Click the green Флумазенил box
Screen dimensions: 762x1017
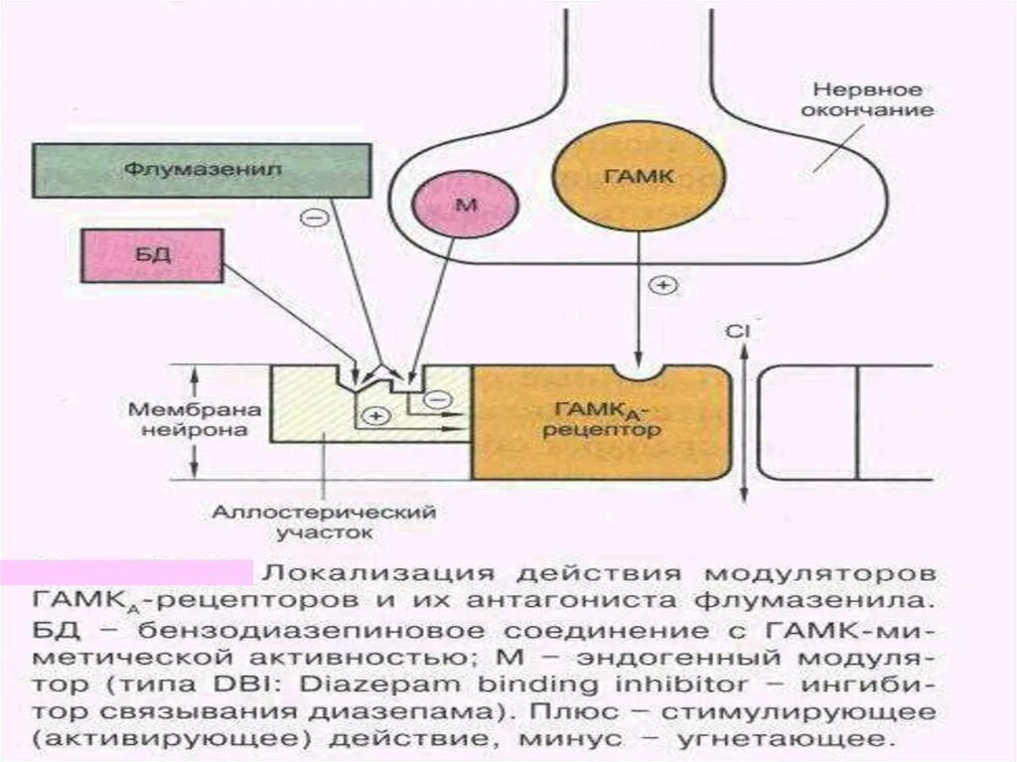(203, 170)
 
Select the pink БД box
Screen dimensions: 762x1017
(154, 254)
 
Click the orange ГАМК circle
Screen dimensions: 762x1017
(624, 177)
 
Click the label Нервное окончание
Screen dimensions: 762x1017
(869, 98)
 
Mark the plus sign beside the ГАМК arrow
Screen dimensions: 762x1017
(662, 285)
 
